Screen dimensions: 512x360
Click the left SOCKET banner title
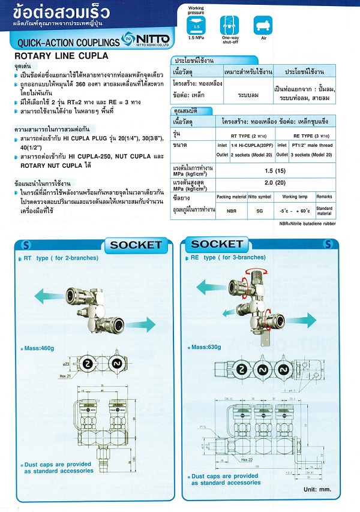136,244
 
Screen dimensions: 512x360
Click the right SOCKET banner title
217,244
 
